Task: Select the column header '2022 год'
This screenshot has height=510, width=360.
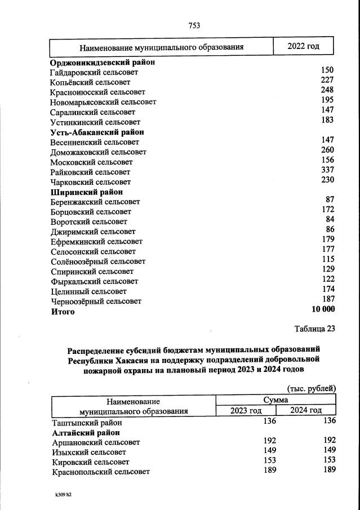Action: point(303,46)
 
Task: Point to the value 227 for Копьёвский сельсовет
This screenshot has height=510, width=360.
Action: point(327,80)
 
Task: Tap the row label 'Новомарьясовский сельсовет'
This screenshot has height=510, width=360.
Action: point(103,102)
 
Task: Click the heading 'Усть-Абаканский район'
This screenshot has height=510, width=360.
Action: point(97,132)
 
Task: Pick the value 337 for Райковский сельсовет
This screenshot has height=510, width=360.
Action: point(327,170)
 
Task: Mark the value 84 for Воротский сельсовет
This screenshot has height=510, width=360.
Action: point(330,219)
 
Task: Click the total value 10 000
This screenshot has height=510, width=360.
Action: point(323,309)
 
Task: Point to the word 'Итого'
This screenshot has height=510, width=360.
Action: point(63,312)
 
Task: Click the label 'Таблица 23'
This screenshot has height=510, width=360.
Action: point(314,329)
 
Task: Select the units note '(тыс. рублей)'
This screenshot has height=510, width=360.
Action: point(312,389)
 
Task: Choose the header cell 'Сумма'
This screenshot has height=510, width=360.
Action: point(275,400)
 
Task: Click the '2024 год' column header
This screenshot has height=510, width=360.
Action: point(306,410)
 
